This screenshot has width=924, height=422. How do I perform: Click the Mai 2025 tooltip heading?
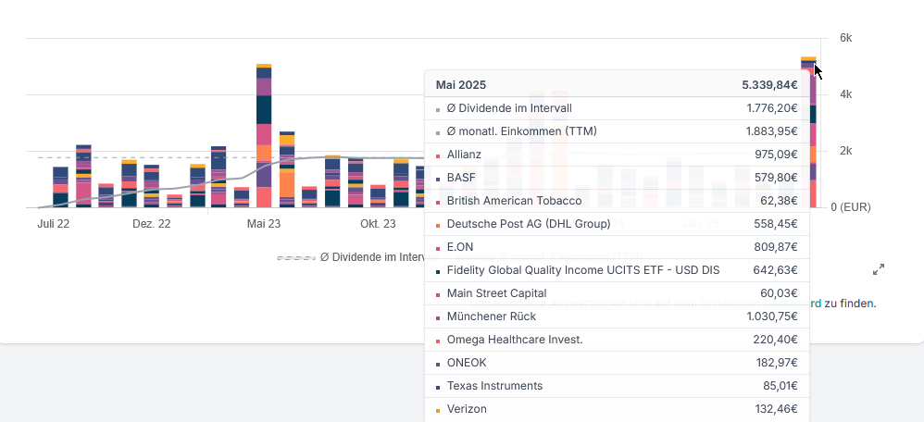460,84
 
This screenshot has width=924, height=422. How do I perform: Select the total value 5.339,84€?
769,84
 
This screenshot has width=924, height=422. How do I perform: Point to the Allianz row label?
464,155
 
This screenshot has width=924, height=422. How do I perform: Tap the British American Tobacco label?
514,201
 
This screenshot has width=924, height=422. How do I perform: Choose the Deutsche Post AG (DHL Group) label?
529,224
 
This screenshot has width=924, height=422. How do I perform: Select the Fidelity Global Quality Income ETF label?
582,270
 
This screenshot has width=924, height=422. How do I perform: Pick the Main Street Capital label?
496,293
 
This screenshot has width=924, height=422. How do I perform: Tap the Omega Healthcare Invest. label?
515,340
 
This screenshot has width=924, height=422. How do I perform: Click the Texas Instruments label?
494,386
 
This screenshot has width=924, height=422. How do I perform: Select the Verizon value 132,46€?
775,409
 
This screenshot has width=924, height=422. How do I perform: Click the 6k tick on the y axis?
845,38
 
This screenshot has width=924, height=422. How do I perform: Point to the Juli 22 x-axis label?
54,224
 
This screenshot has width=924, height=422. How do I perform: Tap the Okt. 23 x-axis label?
378,224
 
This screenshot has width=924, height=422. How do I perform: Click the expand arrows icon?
879,269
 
